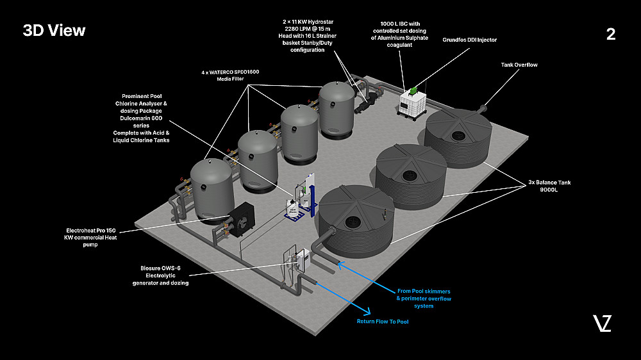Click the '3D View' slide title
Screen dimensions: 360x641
tap(54, 31)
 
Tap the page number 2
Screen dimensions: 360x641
tap(610, 35)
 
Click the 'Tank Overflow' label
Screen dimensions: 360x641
tap(519, 65)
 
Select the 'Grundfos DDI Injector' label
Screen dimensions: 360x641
tap(469, 40)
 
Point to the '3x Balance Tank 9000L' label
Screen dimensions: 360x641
tap(549, 186)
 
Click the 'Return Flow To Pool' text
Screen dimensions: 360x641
tap(383, 322)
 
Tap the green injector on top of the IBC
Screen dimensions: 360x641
tap(414, 89)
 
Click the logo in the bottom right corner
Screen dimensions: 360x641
tap(602, 323)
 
